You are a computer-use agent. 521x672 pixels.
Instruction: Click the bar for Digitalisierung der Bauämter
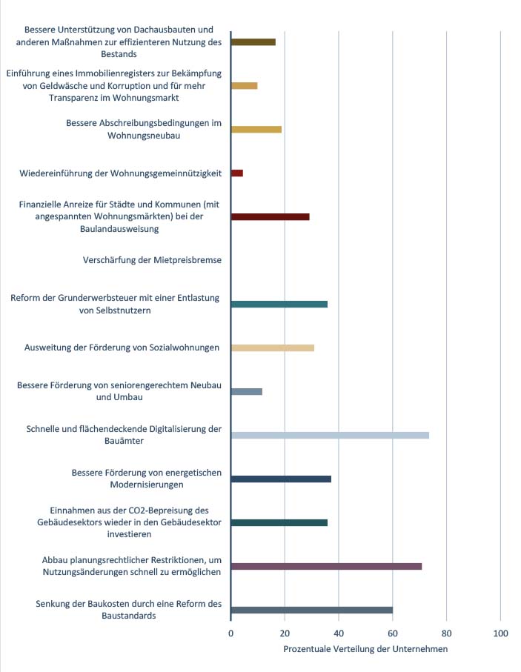tap(331, 436)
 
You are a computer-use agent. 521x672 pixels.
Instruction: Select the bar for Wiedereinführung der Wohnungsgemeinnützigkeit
tap(237, 173)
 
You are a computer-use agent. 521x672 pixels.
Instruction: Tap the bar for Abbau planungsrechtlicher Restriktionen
tap(327, 567)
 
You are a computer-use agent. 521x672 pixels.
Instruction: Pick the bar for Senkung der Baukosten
tap(312, 611)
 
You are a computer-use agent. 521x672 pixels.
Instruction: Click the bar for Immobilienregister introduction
tap(245, 86)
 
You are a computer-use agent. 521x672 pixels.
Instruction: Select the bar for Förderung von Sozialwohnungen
tap(273, 348)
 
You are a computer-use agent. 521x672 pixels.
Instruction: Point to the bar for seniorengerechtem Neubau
tap(247, 392)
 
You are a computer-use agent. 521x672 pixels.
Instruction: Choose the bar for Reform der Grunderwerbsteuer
tap(279, 305)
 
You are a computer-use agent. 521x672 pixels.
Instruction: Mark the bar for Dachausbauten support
tap(253, 42)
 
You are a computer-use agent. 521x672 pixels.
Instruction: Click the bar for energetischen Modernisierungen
tap(282, 479)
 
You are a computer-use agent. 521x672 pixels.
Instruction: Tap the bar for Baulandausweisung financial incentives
tap(271, 217)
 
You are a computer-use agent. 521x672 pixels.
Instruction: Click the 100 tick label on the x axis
tap(500, 633)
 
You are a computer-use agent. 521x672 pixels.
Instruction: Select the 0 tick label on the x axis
tap(230, 633)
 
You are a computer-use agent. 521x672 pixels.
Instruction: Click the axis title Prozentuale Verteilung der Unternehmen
tap(365, 649)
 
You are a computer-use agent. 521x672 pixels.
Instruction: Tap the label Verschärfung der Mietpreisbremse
tap(152, 260)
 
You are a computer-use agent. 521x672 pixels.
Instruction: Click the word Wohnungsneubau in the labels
tap(144, 136)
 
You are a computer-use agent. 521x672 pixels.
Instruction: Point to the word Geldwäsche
tap(62, 86)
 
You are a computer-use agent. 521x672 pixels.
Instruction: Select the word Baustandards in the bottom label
tap(129, 616)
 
